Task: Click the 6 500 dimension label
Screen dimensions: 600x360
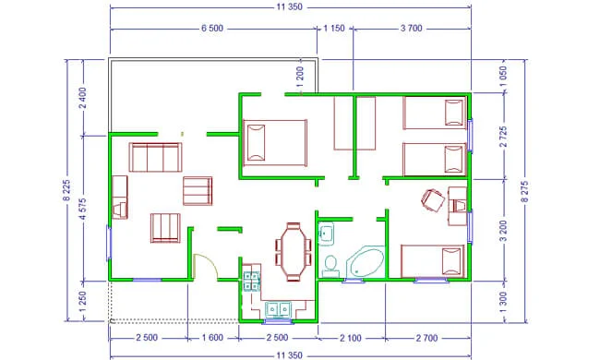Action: pyautogui.click(x=212, y=29)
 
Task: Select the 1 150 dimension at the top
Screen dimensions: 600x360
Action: pyautogui.click(x=334, y=29)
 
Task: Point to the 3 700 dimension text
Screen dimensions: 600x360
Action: pyautogui.click(x=412, y=29)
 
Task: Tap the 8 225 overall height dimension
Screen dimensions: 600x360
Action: pyautogui.click(x=66, y=190)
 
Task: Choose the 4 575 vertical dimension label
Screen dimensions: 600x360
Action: pyautogui.click(x=83, y=209)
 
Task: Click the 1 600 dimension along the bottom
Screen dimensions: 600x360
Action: pyautogui.click(x=212, y=338)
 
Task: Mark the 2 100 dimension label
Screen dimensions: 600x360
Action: pyautogui.click(x=351, y=338)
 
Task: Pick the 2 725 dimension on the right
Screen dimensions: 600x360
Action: pyautogui.click(x=503, y=137)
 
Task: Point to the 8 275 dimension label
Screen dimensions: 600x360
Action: pyautogui.click(x=524, y=192)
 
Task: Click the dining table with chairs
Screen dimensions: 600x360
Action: pyautogui.click(x=294, y=252)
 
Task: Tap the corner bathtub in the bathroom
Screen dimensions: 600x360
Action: pyautogui.click(x=366, y=261)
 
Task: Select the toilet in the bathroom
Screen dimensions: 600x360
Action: pyautogui.click(x=330, y=266)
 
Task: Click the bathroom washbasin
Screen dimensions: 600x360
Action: pyautogui.click(x=326, y=233)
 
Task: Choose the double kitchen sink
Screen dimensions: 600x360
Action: pyautogui.click(x=278, y=309)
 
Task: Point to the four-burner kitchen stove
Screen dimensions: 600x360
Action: pyautogui.click(x=251, y=282)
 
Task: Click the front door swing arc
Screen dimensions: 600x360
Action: pyautogui.click(x=208, y=262)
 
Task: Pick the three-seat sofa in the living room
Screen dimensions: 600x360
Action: pyautogui.click(x=155, y=157)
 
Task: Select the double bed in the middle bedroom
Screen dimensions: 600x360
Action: pyautogui.click(x=275, y=143)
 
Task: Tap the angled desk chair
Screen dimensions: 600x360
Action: pyautogui.click(x=433, y=200)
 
